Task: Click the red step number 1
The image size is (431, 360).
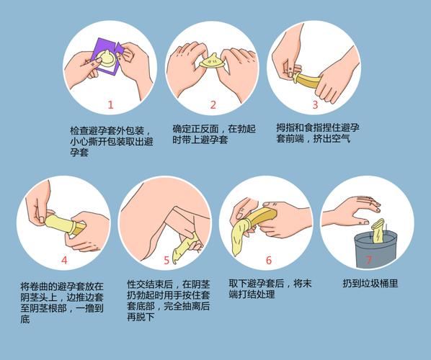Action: tap(110, 104)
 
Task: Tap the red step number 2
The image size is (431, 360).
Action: tap(213, 104)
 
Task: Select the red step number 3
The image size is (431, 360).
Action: tap(315, 104)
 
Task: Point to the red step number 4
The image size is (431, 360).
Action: tap(64, 260)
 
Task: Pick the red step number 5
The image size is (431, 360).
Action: tap(166, 260)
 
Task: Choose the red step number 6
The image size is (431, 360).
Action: tap(268, 260)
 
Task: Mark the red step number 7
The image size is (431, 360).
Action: tap(369, 260)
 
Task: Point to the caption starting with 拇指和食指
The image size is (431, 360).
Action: tap(317, 133)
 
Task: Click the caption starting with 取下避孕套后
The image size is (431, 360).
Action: tap(270, 289)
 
